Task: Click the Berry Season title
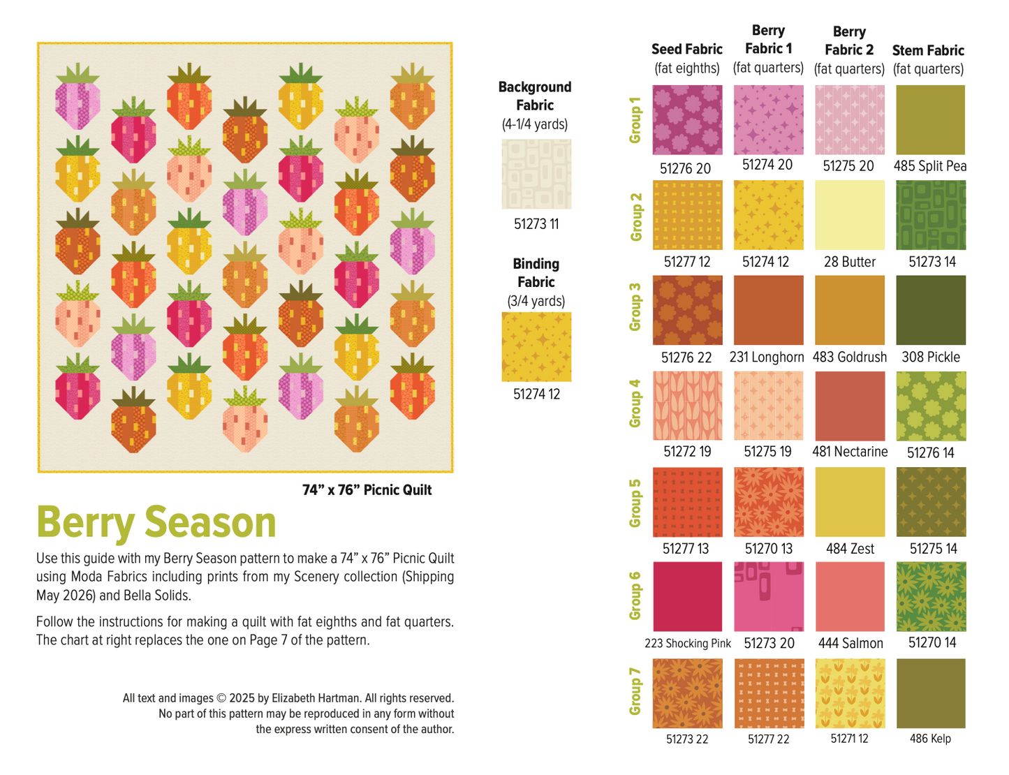coord(156,522)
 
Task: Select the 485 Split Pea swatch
coord(930,120)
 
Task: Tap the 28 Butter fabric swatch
coord(849,215)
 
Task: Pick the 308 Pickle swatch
coord(930,310)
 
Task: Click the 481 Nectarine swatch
coord(849,406)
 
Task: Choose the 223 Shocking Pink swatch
coord(687,597)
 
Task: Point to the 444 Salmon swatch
coord(849,597)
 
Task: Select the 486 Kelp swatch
coord(930,693)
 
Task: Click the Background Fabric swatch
coord(536,174)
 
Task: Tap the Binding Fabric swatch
coord(536,347)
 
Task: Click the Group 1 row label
coord(635,120)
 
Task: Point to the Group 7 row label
coord(635,692)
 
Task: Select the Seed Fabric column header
coord(686,50)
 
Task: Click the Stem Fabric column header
coord(928,51)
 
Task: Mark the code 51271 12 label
coord(849,739)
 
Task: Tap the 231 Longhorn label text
coord(767,357)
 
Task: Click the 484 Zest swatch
coord(849,501)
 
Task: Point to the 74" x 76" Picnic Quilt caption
coord(367,490)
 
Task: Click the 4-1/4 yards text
coord(535,124)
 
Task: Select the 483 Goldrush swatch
coord(849,310)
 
